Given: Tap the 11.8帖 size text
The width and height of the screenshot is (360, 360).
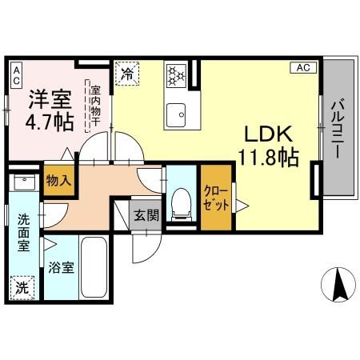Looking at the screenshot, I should click(x=267, y=157).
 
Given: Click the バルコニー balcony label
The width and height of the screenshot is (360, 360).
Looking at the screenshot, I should click(x=338, y=128).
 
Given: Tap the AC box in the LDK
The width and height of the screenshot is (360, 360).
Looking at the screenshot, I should click(x=302, y=68).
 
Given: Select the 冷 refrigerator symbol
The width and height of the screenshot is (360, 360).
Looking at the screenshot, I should click(x=127, y=74).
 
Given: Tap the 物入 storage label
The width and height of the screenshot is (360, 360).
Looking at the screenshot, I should click(x=58, y=180).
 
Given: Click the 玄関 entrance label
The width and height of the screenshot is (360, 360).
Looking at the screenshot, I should click(x=145, y=214).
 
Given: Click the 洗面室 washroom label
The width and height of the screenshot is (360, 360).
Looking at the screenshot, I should click(x=24, y=231).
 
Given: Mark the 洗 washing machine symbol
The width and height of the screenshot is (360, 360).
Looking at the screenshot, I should click(x=24, y=284).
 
